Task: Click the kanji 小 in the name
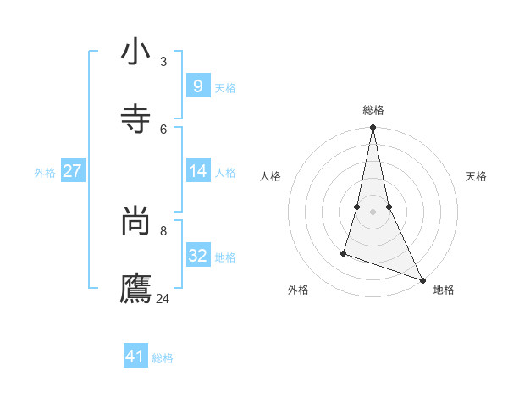click(135, 53)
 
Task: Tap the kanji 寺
click(135, 119)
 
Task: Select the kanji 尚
click(135, 223)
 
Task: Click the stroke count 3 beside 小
click(163, 61)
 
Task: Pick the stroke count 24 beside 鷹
click(163, 298)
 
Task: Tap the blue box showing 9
click(197, 86)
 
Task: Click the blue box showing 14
click(197, 171)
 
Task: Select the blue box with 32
click(197, 256)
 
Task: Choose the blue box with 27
click(72, 171)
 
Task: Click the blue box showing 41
click(135, 357)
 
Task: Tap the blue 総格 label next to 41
click(163, 358)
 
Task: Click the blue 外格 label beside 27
click(45, 173)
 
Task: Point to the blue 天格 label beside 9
click(225, 88)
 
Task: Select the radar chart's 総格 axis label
click(373, 110)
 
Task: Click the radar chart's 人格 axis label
click(271, 176)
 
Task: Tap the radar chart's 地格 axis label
click(444, 290)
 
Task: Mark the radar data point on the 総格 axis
click(373, 128)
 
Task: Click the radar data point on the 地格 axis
click(422, 279)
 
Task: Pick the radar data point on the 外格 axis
click(344, 252)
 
